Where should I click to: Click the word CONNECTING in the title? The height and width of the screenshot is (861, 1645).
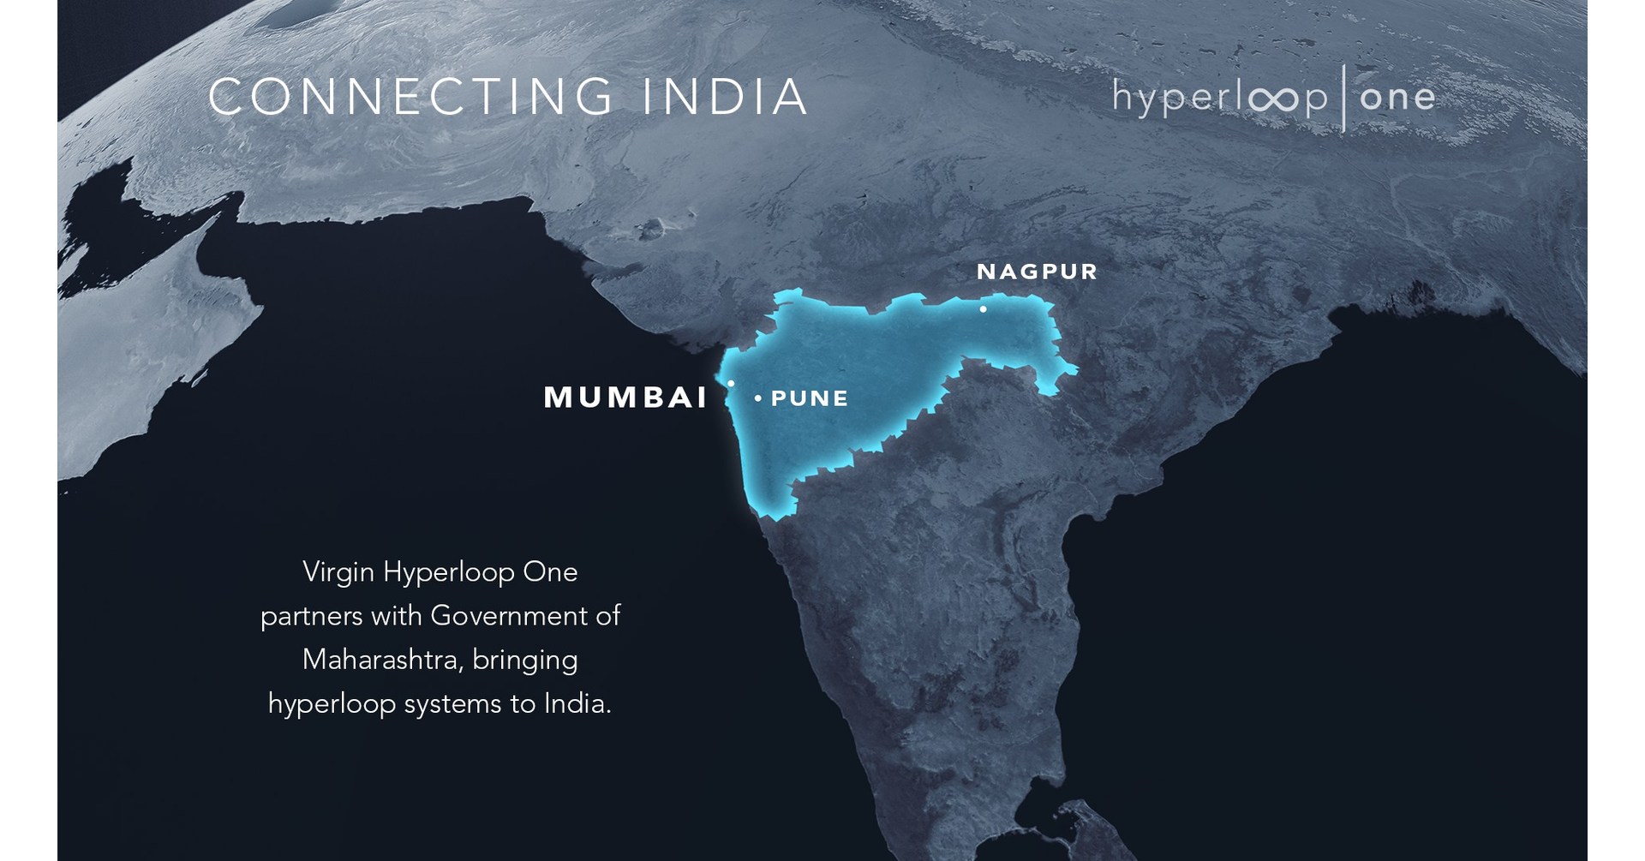pyautogui.click(x=410, y=97)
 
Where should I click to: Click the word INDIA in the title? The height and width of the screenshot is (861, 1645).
pyautogui.click(x=725, y=97)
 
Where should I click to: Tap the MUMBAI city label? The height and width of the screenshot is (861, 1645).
pyautogui.click(x=626, y=398)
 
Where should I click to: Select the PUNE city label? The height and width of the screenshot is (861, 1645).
pyautogui.click(x=810, y=398)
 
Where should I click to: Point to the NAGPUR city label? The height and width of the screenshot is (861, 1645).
pyautogui.click(x=1037, y=272)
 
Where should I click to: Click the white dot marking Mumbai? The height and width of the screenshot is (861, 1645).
pyautogui.click(x=731, y=384)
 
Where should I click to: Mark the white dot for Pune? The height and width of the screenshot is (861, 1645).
pyautogui.click(x=758, y=398)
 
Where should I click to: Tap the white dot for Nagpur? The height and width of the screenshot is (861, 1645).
pyautogui.click(x=983, y=309)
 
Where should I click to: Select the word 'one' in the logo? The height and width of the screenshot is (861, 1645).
pyautogui.click(x=1397, y=98)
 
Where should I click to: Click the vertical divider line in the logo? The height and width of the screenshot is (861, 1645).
pyautogui.click(x=1343, y=98)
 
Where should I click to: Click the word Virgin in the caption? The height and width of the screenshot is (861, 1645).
pyautogui.click(x=338, y=571)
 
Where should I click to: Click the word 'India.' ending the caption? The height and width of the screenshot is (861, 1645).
pyautogui.click(x=577, y=703)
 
